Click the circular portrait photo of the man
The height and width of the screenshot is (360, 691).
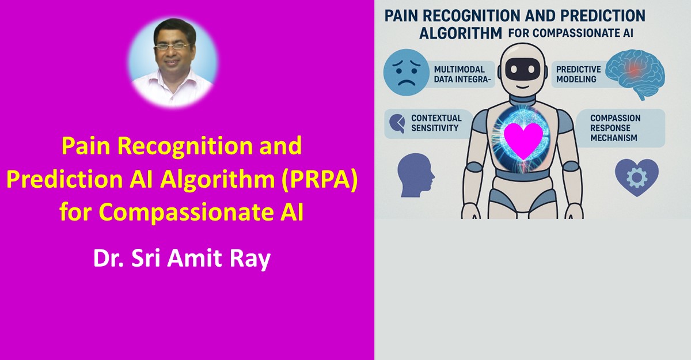[x=173, y=63]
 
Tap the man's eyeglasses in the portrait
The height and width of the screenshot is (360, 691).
[x=172, y=47]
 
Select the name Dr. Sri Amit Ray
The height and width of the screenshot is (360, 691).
[x=182, y=258]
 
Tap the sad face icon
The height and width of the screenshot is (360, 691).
[x=407, y=72]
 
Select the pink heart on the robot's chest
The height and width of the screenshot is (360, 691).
[x=523, y=141]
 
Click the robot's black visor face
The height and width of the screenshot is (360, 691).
[x=523, y=69]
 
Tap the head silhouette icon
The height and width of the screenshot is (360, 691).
[x=416, y=175]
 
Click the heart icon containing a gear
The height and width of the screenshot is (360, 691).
[x=637, y=177]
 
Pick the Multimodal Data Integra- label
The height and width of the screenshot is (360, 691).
[x=462, y=74]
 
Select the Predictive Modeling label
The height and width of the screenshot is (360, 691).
[x=578, y=74]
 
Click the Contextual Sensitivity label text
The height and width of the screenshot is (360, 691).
[x=436, y=123]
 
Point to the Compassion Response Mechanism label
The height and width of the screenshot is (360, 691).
[x=615, y=128]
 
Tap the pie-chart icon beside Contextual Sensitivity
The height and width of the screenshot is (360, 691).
[x=397, y=123]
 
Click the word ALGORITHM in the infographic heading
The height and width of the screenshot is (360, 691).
[x=461, y=33]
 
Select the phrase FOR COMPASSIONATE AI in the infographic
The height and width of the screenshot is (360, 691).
[x=571, y=33]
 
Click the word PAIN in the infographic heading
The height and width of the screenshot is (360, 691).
[x=401, y=16]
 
